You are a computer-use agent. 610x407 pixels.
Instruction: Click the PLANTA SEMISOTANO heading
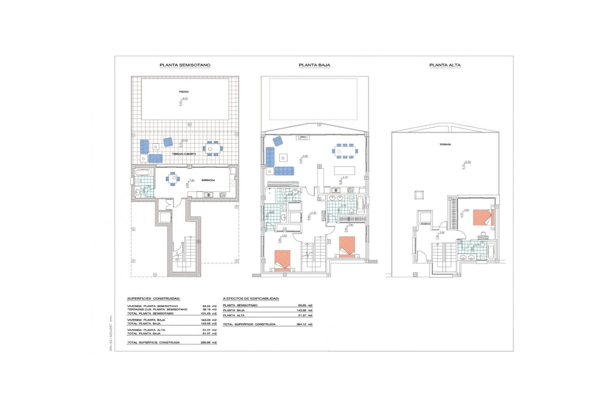point(185,65)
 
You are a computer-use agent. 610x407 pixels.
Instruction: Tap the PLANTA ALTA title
point(445,65)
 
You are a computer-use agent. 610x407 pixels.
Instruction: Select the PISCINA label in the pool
point(184,92)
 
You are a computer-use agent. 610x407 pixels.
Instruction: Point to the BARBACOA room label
point(208,180)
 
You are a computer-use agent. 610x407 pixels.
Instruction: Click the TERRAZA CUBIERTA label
point(184,154)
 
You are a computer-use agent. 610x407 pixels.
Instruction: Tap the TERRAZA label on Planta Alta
point(445,144)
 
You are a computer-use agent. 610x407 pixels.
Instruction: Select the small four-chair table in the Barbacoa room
point(173,179)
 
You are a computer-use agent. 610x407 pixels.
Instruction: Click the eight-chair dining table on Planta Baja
point(345,151)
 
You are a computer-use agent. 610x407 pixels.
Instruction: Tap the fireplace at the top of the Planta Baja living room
point(302,138)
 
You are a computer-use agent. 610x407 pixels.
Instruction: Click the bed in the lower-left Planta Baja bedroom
point(282,260)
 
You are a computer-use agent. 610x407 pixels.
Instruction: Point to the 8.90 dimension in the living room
point(305,156)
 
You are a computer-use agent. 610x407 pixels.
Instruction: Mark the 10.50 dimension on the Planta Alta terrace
point(467,162)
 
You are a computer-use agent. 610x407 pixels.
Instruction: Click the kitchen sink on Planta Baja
point(335,190)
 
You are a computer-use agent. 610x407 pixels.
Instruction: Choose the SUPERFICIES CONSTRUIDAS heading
point(153,299)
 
